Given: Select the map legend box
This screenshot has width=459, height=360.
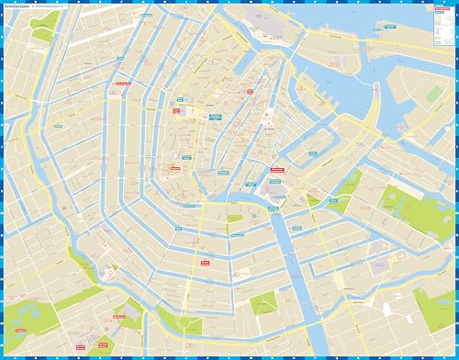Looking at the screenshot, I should (439, 28).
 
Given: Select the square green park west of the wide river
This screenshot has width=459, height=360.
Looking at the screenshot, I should (263, 304).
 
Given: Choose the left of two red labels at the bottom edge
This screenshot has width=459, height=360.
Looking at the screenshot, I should (79, 347).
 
